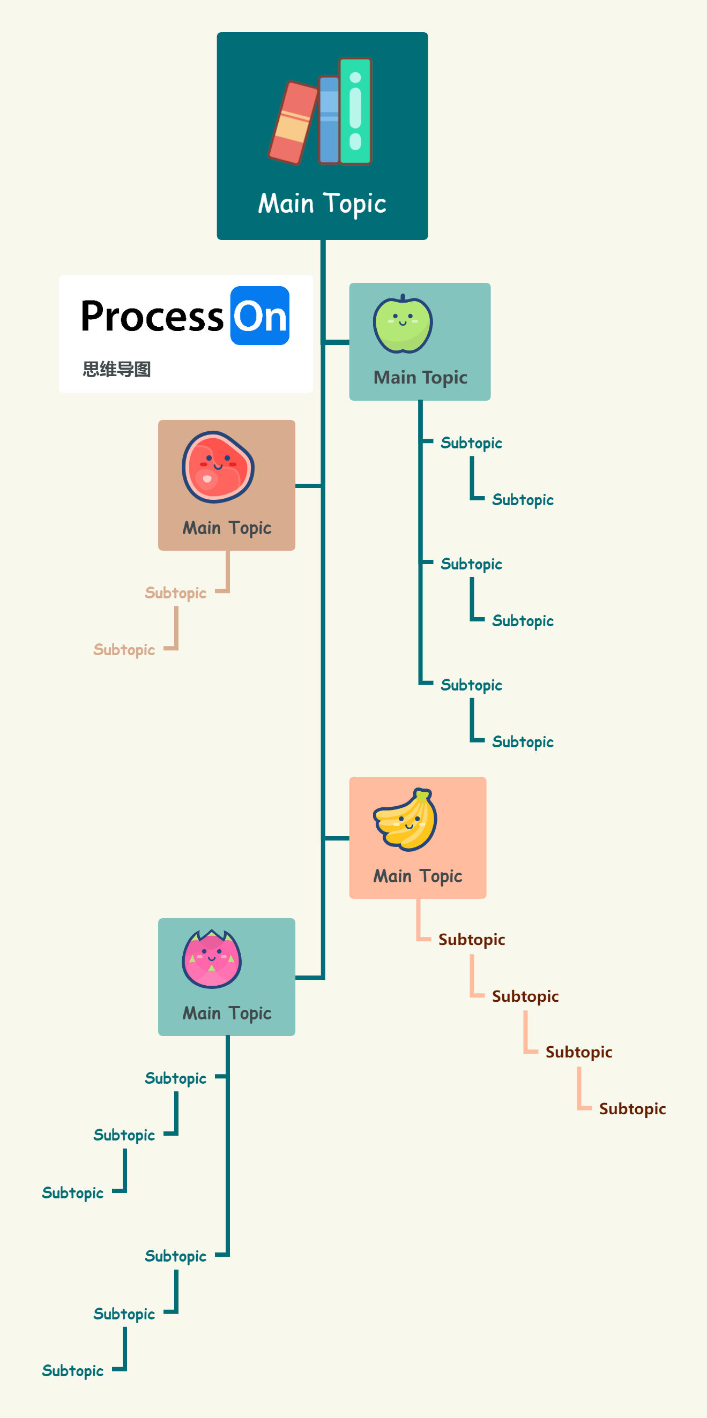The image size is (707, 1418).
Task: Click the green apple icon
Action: pyautogui.click(x=403, y=324)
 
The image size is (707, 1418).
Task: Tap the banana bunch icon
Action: pyautogui.click(x=405, y=819)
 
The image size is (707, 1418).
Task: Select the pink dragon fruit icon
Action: pyautogui.click(x=211, y=958)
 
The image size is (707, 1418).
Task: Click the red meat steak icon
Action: pyautogui.click(x=218, y=466)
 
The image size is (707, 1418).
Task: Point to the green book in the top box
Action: pyautogui.click(x=355, y=111)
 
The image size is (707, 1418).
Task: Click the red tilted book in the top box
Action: pyautogui.click(x=292, y=123)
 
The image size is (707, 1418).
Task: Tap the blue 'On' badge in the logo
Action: pyautogui.click(x=260, y=316)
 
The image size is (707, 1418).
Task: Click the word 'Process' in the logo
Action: pyautogui.click(x=152, y=317)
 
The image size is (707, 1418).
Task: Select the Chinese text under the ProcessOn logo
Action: pyautogui.click(x=117, y=369)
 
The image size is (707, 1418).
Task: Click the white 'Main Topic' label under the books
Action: pyautogui.click(x=322, y=204)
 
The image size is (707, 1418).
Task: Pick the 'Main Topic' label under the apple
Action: pyautogui.click(x=420, y=377)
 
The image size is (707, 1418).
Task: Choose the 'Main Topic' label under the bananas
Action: pyautogui.click(x=418, y=875)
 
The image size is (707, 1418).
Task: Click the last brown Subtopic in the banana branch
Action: pyautogui.click(x=632, y=1109)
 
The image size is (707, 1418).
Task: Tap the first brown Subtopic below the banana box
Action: pyautogui.click(x=471, y=939)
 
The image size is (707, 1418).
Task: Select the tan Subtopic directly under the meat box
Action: pyautogui.click(x=176, y=593)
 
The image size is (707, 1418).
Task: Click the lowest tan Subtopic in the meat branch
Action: pyautogui.click(x=124, y=650)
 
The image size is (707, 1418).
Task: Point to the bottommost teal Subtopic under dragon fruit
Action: pyautogui.click(x=73, y=1370)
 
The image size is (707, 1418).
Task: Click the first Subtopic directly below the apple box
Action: pyautogui.click(x=471, y=443)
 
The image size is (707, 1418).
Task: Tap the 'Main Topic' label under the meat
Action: pyautogui.click(x=227, y=527)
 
